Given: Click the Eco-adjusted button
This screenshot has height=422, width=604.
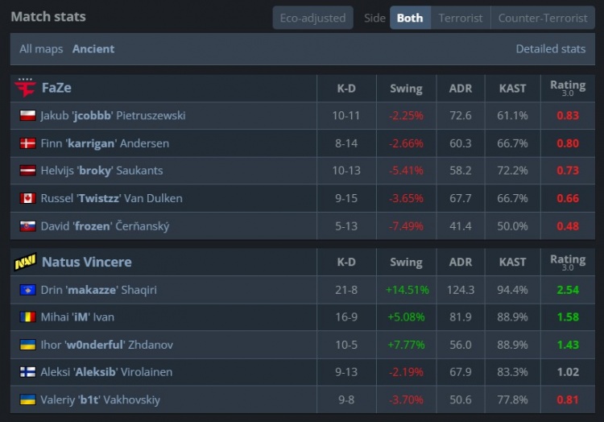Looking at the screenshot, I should tap(313, 18).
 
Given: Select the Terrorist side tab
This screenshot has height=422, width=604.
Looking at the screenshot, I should tap(461, 18).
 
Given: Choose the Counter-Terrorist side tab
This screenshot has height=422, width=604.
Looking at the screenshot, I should tap(543, 18).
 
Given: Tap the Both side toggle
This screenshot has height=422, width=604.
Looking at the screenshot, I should tap(410, 18).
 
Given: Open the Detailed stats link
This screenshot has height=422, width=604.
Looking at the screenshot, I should tap(550, 48).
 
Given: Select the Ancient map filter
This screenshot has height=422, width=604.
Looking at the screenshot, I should tap(93, 48).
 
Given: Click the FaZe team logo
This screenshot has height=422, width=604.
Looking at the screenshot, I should tap(25, 88).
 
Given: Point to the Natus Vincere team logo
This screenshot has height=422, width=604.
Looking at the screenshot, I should tap(25, 262).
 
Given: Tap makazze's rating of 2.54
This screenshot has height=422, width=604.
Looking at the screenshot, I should tap(567, 289).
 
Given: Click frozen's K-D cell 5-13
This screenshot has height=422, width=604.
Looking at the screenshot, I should tap(346, 226).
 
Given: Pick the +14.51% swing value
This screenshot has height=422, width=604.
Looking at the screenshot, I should tap(407, 289).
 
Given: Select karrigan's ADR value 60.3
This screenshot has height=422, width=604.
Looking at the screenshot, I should tap(461, 143).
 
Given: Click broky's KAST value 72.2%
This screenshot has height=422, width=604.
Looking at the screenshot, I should tap(513, 171).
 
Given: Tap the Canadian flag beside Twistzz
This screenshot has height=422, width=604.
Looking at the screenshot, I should tap(27, 198).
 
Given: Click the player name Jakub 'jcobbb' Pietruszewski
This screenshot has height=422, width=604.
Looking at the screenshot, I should tap(113, 115).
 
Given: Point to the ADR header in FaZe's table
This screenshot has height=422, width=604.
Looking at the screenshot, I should tap(461, 88).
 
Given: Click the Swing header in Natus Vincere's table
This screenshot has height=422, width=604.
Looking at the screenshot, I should tap(406, 262).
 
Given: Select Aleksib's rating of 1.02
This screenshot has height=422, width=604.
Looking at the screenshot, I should tap(567, 372).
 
